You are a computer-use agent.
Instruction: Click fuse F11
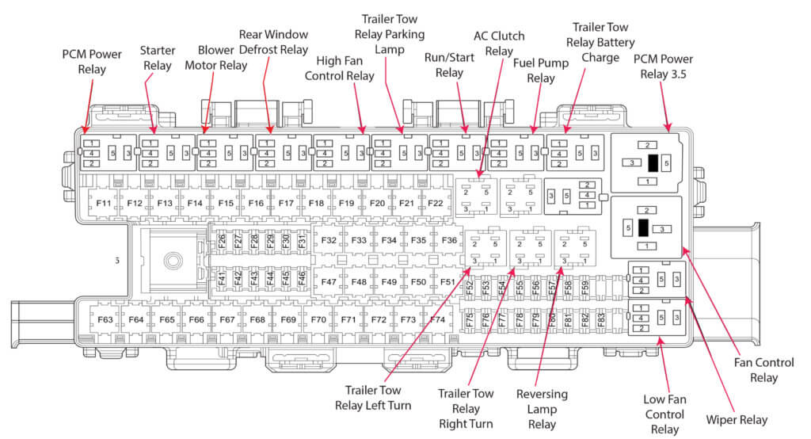104,204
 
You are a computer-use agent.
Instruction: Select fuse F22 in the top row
436,204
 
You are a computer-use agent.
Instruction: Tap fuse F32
329,240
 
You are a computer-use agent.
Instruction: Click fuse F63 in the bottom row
105,319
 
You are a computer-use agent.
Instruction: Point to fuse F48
359,281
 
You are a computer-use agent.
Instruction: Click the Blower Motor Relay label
215,58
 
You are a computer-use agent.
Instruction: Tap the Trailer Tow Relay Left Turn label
378,397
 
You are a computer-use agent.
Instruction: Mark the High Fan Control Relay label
345,69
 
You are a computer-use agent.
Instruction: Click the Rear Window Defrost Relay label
273,43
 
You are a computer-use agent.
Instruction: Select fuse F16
256,204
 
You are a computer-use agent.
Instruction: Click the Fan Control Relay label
764,370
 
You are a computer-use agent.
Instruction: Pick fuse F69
288,319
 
